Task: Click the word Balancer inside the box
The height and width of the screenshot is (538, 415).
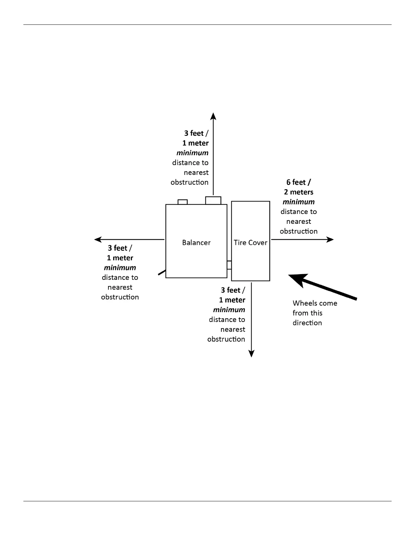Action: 196,243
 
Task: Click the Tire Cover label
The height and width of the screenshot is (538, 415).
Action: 250,243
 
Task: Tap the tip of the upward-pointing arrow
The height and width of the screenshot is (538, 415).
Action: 213,114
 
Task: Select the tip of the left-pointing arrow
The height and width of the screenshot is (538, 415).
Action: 96,239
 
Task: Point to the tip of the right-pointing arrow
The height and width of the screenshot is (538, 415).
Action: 333,239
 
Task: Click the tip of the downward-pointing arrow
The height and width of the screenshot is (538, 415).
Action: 251,356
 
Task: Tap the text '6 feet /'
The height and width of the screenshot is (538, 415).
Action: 298,182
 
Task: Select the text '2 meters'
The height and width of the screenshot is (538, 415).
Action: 298,192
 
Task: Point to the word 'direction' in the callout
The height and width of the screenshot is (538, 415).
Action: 307,323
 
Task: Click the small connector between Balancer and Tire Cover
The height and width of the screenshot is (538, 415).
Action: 229,265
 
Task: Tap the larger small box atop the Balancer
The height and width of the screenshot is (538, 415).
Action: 213,200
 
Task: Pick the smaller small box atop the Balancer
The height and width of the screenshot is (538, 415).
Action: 182,202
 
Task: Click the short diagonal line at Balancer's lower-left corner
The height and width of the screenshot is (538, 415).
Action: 162,272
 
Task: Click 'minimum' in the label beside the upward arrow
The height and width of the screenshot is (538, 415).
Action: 192,153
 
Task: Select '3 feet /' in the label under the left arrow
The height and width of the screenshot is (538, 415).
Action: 120,248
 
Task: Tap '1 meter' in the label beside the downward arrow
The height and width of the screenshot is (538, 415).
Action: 232,300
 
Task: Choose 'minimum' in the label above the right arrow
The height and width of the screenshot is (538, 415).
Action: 298,202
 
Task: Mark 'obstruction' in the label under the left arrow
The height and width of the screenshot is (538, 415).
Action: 120,297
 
